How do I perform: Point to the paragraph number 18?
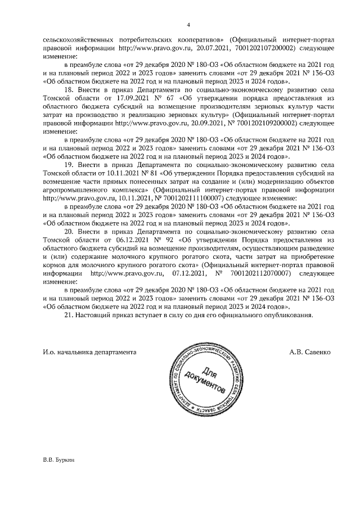click(70, 89)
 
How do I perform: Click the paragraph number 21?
click(70, 316)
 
